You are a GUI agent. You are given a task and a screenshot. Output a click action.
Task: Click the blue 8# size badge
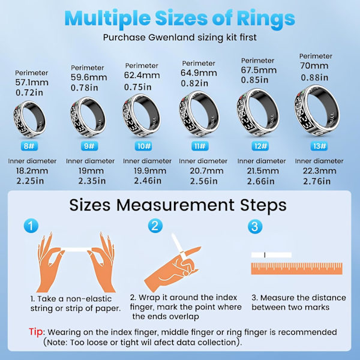pos(29,146)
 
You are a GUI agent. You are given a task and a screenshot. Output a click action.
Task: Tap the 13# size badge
pos(319,146)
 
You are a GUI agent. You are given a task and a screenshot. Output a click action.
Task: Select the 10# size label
pos(143,146)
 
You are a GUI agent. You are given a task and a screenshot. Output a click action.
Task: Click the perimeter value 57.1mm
pos(32,82)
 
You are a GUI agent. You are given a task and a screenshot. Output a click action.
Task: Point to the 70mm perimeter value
pos(314,65)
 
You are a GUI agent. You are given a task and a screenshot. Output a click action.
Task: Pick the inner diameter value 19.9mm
pos(150,171)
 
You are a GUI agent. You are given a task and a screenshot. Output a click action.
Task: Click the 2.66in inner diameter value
pos(260,181)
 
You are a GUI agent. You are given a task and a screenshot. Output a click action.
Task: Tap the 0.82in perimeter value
pos(194,83)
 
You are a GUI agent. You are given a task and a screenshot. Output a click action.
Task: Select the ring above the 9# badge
pos(88,117)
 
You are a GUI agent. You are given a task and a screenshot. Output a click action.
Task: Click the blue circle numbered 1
pos(31,226)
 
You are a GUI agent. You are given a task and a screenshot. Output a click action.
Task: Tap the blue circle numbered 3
pos(255,226)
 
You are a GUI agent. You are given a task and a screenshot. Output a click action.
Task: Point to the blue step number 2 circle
pos(155,226)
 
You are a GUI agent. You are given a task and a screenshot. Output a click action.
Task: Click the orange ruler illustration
pos(296,269)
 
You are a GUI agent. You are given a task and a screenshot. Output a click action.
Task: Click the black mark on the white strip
pos(265,255)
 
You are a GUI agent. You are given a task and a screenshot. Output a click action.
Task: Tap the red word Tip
pos(35,332)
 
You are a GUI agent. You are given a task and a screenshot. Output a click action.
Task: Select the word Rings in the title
pos(266,19)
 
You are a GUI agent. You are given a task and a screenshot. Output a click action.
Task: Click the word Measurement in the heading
pos(175,205)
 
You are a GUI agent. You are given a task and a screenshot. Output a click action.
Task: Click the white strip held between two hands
pos(76,250)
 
